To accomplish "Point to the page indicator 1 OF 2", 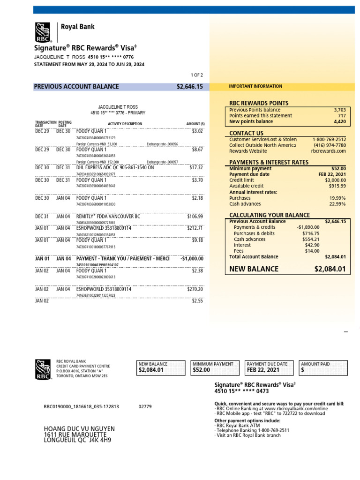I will click(x=196, y=75).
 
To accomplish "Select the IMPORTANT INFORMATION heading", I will click(x=255, y=86).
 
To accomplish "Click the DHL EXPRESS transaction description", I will click(x=115, y=167).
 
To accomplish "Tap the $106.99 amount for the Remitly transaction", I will click(x=195, y=217).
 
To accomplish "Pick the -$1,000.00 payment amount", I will click(x=192, y=259).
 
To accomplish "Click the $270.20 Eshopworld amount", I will click(x=195, y=290).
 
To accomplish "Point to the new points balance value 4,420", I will click(x=339, y=121).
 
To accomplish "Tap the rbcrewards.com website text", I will click(x=328, y=151).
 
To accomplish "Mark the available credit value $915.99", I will click(x=336, y=186).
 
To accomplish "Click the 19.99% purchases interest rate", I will click(x=337, y=198).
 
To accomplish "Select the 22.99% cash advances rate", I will click(x=337, y=204).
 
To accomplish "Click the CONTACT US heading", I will click(x=246, y=133).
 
